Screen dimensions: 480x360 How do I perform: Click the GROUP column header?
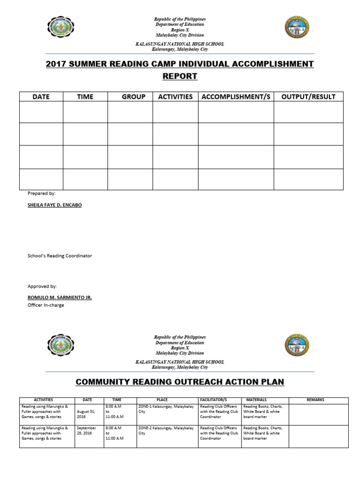point(134,97)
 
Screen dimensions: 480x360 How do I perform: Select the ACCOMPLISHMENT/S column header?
point(236,97)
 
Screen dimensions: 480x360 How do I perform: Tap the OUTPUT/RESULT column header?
point(308,97)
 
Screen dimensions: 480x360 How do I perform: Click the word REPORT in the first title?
point(180,76)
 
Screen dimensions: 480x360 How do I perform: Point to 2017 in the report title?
point(56,64)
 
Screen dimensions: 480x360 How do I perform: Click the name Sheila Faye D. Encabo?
point(54,205)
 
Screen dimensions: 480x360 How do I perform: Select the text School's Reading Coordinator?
point(60,256)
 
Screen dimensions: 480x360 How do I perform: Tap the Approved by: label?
point(42,286)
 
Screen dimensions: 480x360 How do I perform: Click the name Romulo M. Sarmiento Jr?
point(60,298)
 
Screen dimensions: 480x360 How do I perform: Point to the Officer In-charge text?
point(46,305)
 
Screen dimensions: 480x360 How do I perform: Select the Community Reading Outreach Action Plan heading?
point(180,382)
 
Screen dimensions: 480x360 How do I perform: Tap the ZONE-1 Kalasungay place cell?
point(166,409)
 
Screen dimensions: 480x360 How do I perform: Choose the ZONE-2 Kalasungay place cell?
point(166,431)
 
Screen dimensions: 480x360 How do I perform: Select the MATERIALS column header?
point(256,400)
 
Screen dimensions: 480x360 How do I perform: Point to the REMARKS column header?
point(315,400)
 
